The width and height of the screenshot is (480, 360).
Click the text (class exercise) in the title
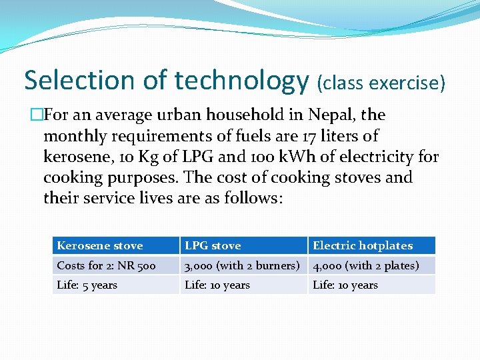[381, 83]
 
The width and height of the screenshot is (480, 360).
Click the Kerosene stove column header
[100, 245]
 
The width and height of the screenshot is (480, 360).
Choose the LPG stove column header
[213, 245]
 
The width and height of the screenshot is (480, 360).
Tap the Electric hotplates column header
[363, 245]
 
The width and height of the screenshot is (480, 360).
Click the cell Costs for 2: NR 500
[107, 265]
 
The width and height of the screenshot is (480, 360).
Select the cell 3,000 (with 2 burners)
[242, 265]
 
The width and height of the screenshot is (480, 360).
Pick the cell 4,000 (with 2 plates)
[366, 265]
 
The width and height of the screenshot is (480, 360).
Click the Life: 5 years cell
[87, 285]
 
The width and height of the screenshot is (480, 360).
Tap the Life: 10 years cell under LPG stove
[217, 285]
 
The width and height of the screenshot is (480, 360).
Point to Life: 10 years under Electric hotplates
[345, 285]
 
